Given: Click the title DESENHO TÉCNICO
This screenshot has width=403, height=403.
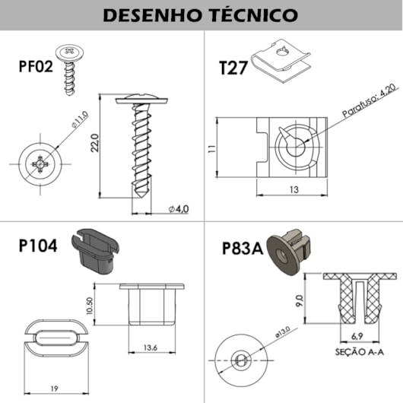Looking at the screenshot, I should coord(200,15).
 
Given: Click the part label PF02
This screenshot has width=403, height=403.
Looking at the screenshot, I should coord(36,67).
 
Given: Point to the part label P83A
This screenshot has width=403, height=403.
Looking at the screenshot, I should coord(243,248).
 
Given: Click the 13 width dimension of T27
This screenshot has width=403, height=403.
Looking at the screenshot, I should coord(293,190).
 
